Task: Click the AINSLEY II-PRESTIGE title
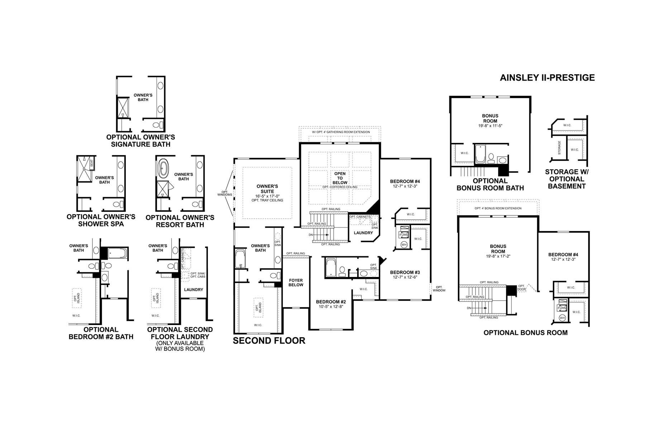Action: [547, 77]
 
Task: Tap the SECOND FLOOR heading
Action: [269, 340]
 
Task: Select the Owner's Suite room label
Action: [267, 189]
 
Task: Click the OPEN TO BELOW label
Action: [340, 178]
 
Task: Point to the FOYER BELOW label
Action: [296, 283]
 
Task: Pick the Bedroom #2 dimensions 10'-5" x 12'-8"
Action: [331, 307]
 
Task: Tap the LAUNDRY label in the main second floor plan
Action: [363, 233]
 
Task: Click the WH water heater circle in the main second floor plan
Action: [404, 245]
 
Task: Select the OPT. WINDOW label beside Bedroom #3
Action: [439, 289]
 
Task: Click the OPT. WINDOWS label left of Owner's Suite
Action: [225, 193]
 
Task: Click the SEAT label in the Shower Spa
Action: [92, 163]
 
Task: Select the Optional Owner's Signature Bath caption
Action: [140, 141]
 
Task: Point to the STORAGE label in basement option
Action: [559, 148]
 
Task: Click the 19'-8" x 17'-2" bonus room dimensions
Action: [498, 256]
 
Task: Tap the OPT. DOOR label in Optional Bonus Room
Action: [521, 287]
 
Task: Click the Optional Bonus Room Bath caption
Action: [490, 184]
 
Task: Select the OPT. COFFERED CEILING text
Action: [340, 187]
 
